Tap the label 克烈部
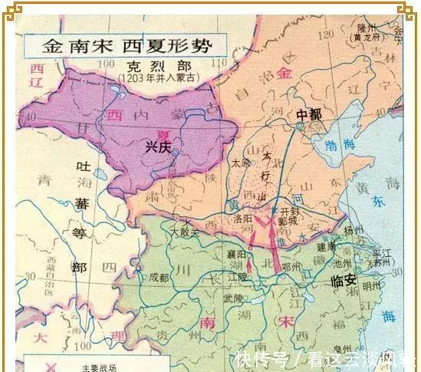pyautogui.click(x=145, y=67)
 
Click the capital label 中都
pyautogui.click(x=311, y=114)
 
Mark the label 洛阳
pyautogui.click(x=241, y=219)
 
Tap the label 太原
pyautogui.click(x=241, y=163)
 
